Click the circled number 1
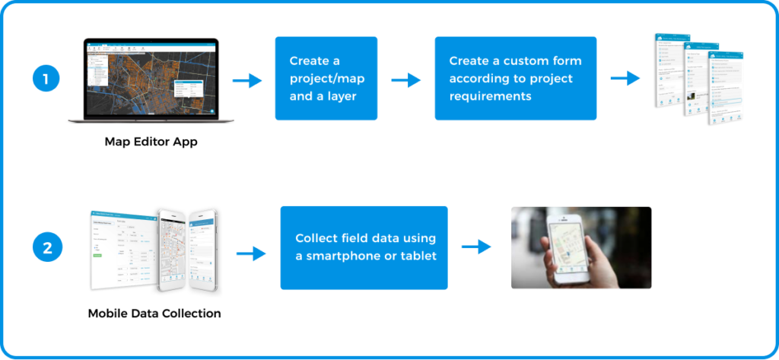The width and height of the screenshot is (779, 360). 46,79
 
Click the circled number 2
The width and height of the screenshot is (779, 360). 46,248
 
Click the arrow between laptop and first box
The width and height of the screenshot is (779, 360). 247,81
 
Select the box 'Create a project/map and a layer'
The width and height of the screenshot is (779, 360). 326,78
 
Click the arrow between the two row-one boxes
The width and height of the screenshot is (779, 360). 406,80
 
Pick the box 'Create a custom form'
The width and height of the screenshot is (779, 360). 515,78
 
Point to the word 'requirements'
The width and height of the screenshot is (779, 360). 491,97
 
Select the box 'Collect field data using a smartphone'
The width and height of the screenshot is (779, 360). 364,247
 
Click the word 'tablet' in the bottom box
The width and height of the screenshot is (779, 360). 418,256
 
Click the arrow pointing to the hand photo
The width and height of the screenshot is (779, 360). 476,247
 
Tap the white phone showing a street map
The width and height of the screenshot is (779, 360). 172,250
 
